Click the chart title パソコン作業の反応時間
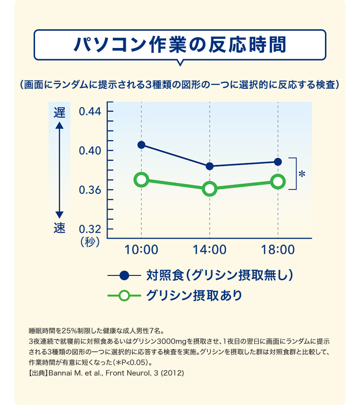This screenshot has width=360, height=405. [180, 44]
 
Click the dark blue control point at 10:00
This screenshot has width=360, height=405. [141, 145]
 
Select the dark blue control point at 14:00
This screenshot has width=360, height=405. [210, 166]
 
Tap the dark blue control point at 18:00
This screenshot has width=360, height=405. [278, 162]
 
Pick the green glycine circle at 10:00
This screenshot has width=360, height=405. [141, 180]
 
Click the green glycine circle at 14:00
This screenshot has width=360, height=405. [210, 189]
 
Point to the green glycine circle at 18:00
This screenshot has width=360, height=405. [278, 181]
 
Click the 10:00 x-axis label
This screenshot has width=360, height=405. [141, 250]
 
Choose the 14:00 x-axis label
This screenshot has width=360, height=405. [210, 250]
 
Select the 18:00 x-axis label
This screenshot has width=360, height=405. [278, 250]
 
